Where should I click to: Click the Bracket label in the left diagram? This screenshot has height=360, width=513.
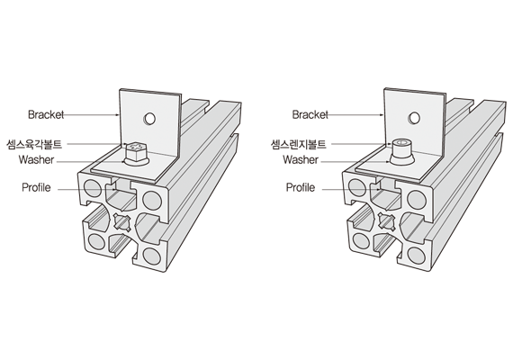(x=46, y=114)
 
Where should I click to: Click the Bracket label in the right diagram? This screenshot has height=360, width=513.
(x=310, y=114)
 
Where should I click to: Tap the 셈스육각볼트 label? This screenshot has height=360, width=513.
(x=34, y=144)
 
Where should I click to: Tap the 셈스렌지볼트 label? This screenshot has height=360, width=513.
(x=299, y=144)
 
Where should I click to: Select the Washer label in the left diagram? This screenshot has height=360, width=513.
(x=36, y=159)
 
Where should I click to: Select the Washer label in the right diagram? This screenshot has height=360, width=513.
(x=301, y=159)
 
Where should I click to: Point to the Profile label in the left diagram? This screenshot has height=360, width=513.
(x=36, y=187)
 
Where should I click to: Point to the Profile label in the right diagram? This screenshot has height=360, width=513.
(x=301, y=187)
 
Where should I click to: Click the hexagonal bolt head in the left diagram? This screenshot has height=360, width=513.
(x=136, y=151)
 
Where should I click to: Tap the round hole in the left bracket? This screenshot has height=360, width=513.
(x=149, y=119)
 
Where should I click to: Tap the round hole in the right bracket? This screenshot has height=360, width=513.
(x=414, y=118)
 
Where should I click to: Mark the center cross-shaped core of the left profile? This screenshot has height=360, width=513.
(x=121, y=222)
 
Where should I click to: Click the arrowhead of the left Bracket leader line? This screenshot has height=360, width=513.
(x=118, y=115)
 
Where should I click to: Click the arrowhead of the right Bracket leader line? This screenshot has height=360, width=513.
(x=382, y=115)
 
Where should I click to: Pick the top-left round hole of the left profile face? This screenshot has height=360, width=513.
(x=93, y=188)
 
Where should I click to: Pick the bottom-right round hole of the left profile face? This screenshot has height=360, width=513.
(x=152, y=256)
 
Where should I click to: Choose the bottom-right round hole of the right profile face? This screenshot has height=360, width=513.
(x=417, y=256)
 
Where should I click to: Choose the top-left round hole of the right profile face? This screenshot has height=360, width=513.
(x=357, y=188)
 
